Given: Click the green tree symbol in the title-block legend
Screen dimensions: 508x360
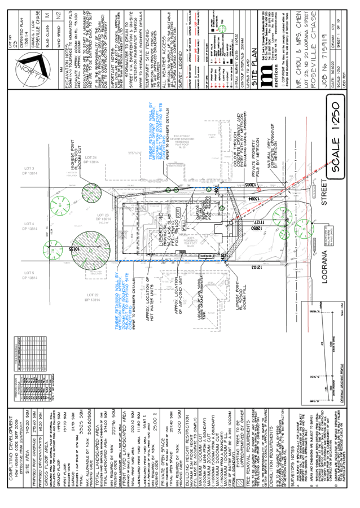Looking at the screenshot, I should (x=222, y=28).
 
